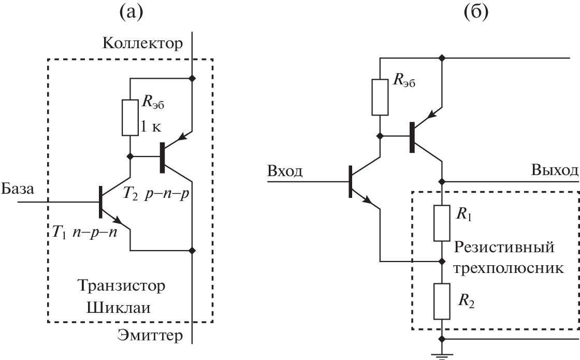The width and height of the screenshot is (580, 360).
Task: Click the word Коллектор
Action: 143,44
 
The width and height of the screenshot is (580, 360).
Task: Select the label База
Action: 17,190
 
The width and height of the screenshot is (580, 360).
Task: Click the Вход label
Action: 284,171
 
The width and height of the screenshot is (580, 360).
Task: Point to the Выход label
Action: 554,171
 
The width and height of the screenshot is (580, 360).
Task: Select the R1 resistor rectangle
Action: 442,223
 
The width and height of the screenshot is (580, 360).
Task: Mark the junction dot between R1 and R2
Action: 442,261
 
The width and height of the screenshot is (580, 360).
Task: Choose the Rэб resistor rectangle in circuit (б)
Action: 380,97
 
